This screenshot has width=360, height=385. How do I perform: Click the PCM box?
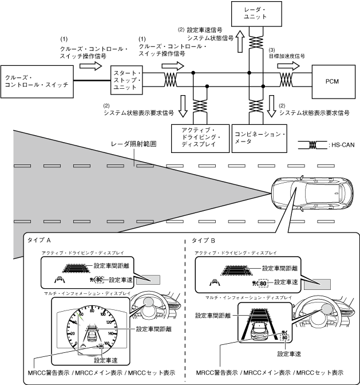(x=331, y=81)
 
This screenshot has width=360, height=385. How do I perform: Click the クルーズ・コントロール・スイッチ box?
(x=37, y=81)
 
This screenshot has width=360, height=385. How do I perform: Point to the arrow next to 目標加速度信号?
(x=288, y=66)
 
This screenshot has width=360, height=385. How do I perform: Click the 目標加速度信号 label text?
(x=287, y=56)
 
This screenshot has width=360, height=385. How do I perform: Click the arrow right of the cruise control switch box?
(x=89, y=66)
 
